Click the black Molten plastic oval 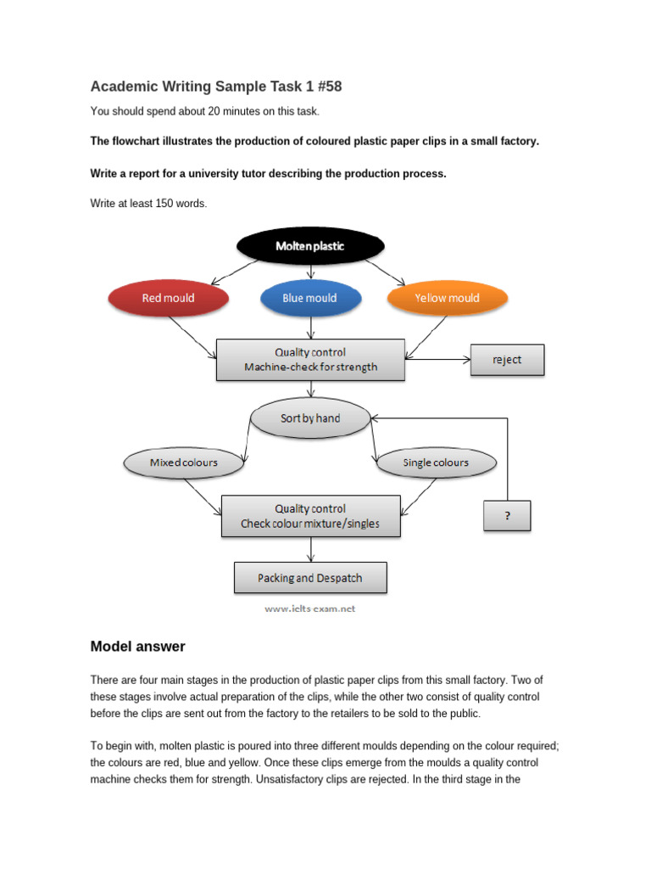(x=310, y=246)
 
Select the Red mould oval (x=168, y=298)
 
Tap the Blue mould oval (x=310, y=298)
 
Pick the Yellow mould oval (x=447, y=298)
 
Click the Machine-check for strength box (x=310, y=360)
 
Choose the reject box (x=507, y=360)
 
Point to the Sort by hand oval (x=310, y=418)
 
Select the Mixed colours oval (x=184, y=463)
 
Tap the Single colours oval (x=435, y=463)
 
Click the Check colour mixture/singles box (x=310, y=516)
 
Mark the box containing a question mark (x=507, y=516)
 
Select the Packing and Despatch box (x=310, y=578)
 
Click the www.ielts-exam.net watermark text (x=310, y=608)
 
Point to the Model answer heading (x=137, y=647)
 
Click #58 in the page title (x=326, y=87)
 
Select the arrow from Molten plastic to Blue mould (x=311, y=272)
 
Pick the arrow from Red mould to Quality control (x=193, y=336)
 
